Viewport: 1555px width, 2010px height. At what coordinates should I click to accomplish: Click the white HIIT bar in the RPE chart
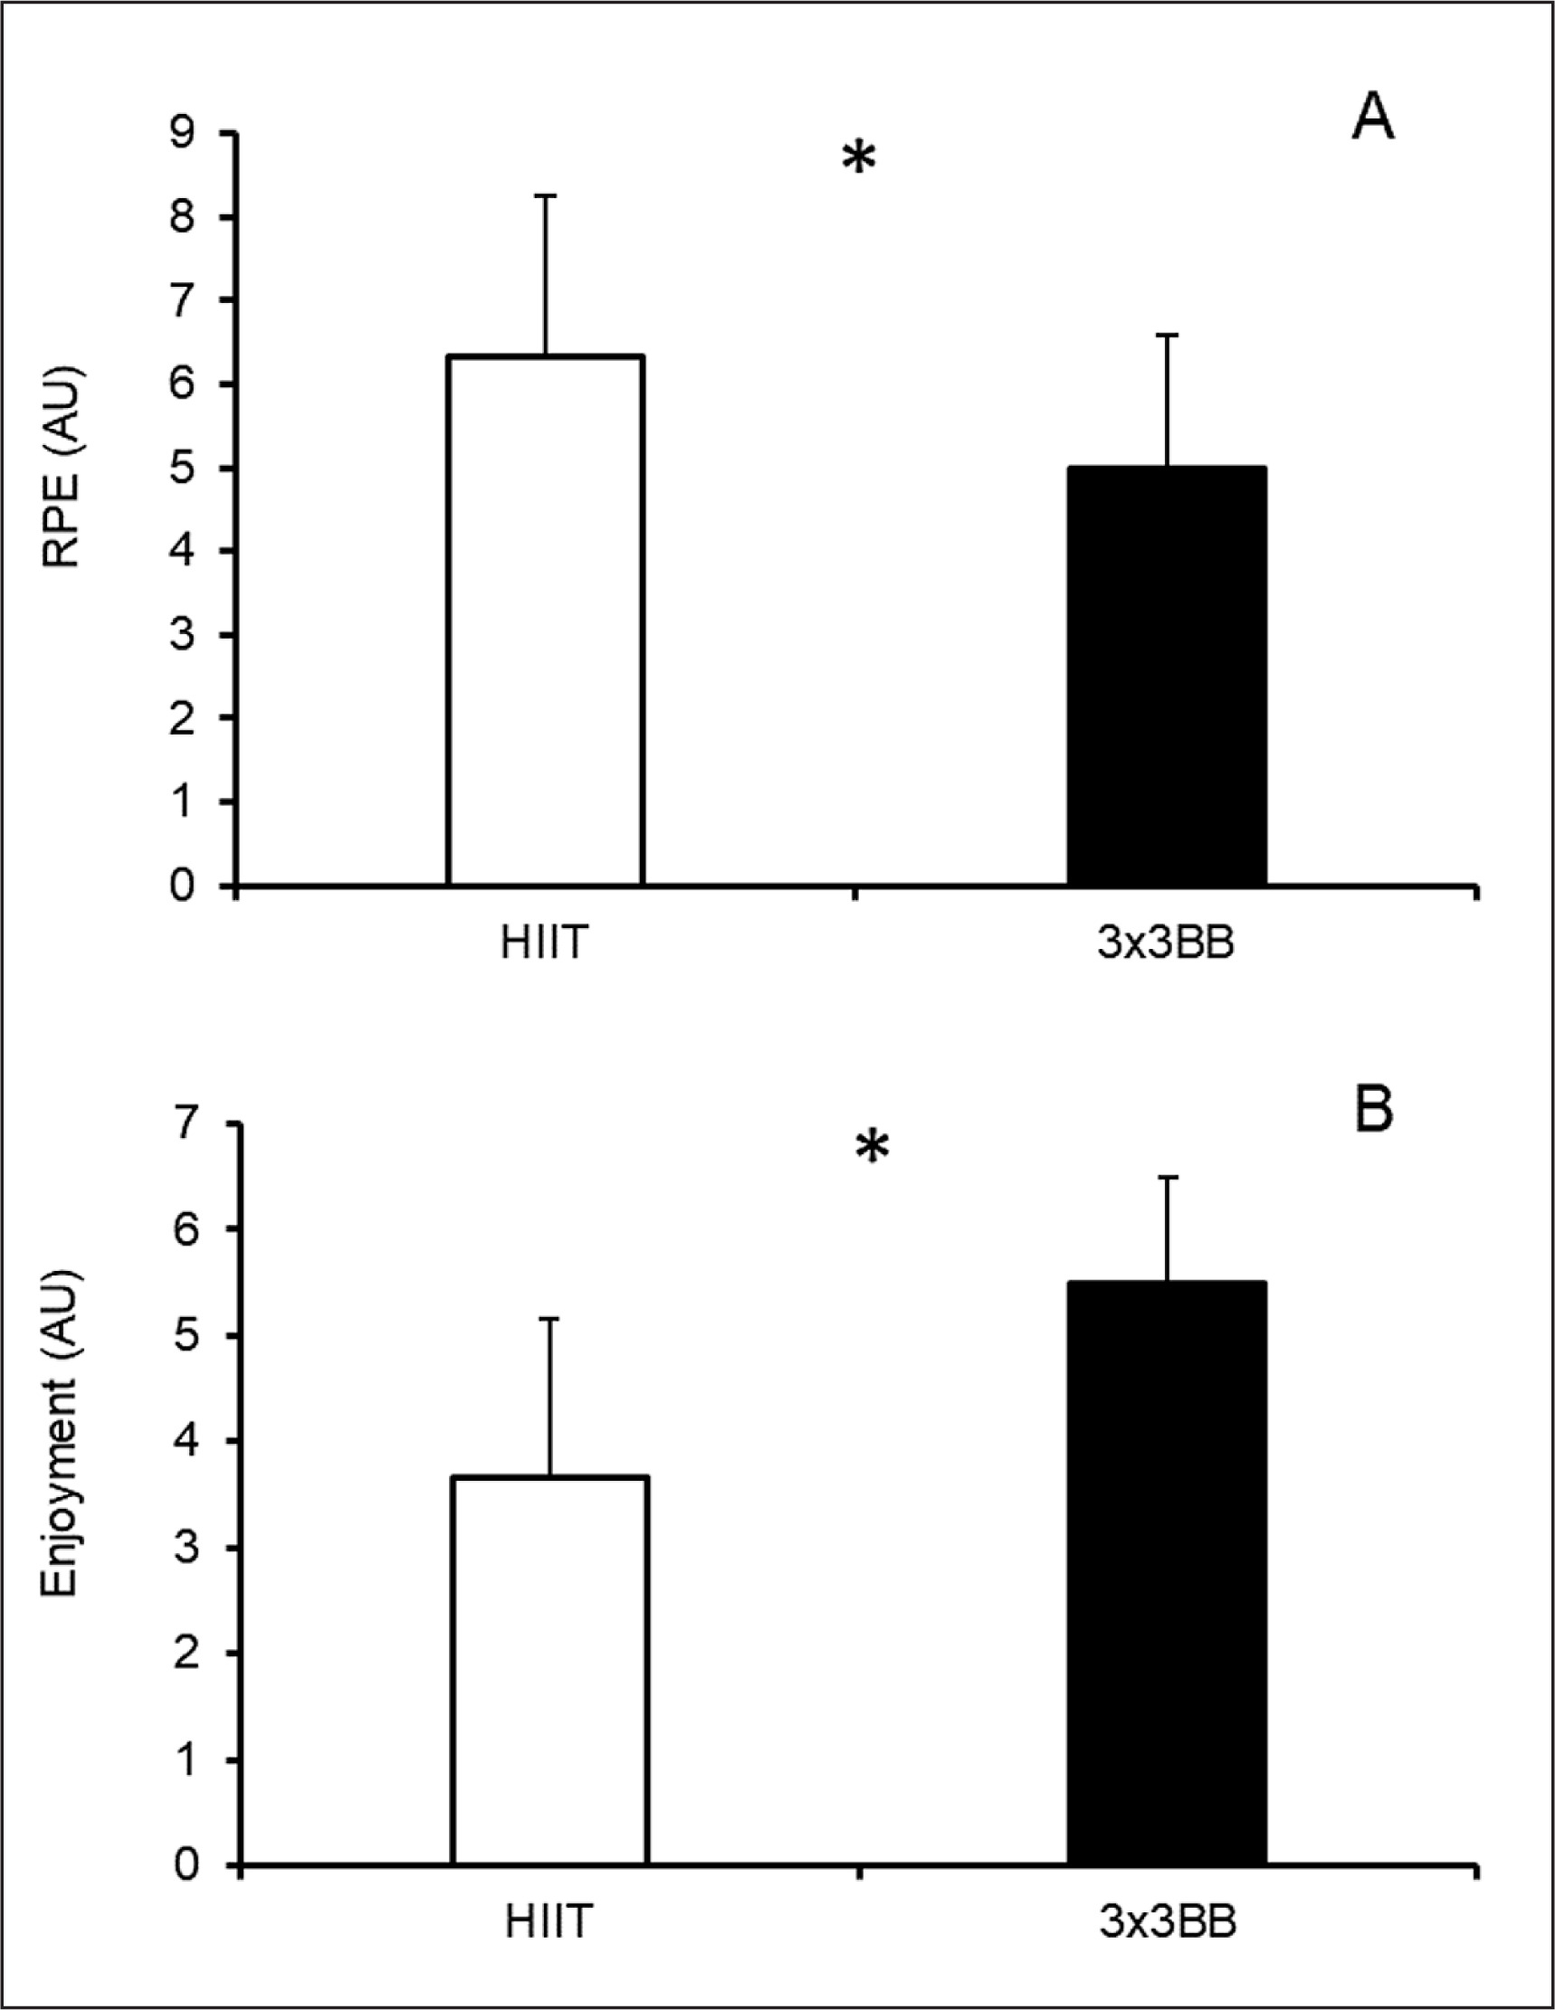pyautogui.click(x=545, y=621)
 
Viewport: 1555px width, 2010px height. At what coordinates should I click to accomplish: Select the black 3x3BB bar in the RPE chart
pyautogui.click(x=1167, y=677)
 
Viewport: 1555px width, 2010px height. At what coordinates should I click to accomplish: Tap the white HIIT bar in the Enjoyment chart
pyautogui.click(x=550, y=1671)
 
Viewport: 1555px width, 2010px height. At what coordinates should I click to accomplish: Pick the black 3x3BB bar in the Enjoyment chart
pyautogui.click(x=1167, y=1574)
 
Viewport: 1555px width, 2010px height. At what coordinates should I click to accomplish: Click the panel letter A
pyautogui.click(x=1372, y=119)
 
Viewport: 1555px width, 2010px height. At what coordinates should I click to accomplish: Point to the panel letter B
pyautogui.click(x=1374, y=1111)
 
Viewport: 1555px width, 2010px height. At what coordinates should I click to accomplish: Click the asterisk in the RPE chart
pyautogui.click(x=858, y=159)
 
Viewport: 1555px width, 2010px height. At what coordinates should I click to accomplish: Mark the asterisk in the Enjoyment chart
pyautogui.click(x=872, y=1148)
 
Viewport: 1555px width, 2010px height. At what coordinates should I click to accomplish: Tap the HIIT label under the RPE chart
pyautogui.click(x=544, y=944)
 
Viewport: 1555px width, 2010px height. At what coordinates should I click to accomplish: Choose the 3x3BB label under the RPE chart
pyautogui.click(x=1166, y=944)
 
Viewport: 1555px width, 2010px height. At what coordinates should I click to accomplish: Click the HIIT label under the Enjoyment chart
pyautogui.click(x=549, y=1921)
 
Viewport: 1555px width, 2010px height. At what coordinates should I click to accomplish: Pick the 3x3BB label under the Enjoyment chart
pyautogui.click(x=1168, y=1921)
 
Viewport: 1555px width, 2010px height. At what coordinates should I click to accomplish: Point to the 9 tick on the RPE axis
pyautogui.click(x=183, y=134)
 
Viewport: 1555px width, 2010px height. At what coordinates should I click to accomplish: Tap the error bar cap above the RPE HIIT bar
pyautogui.click(x=545, y=195)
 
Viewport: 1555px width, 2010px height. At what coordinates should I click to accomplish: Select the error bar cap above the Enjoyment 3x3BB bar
pyautogui.click(x=1169, y=1176)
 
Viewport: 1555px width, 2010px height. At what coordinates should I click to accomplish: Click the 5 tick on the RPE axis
pyautogui.click(x=183, y=468)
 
